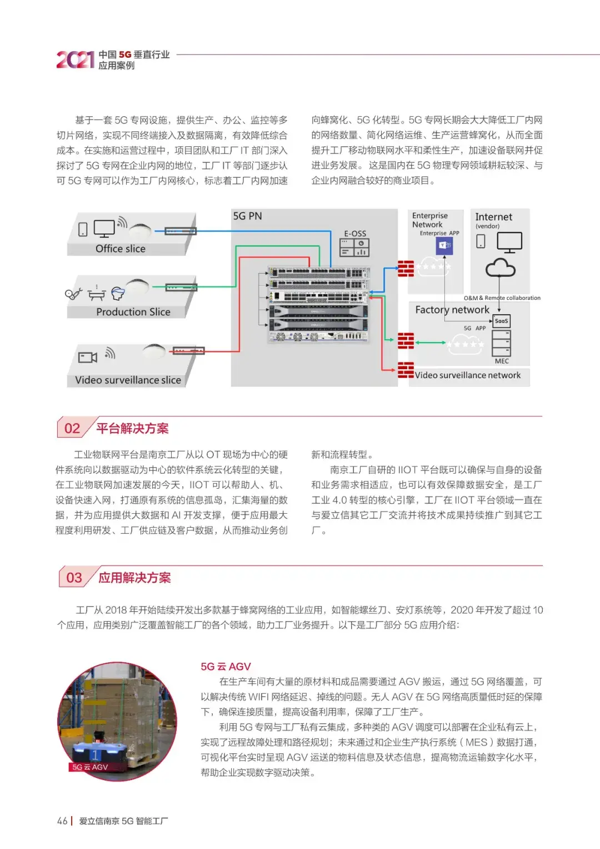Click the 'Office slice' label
point(120,249)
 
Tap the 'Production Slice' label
point(133,312)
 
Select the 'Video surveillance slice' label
point(128,380)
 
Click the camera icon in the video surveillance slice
point(87,357)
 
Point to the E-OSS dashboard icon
point(354,247)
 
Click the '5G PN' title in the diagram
point(247,216)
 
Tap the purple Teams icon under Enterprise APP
point(444,245)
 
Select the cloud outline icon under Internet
point(501,269)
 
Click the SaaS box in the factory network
point(501,321)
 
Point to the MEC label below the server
point(502,361)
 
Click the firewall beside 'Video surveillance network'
point(406,370)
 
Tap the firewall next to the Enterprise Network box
point(406,269)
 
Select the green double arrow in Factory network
point(431,342)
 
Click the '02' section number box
point(72,428)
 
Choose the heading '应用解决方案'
point(134,578)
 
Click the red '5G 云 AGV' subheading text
point(226,667)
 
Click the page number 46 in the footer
point(62,821)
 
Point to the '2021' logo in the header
point(75,59)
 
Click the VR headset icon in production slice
point(118,293)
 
